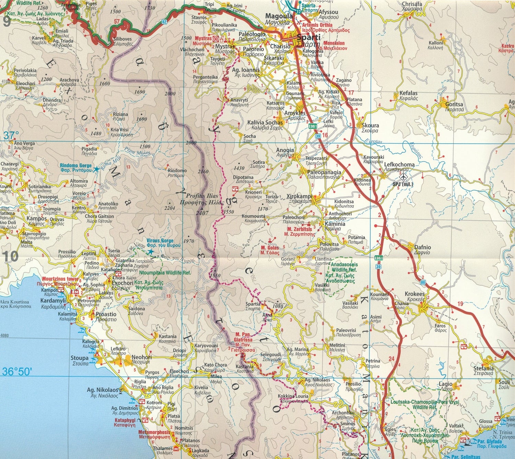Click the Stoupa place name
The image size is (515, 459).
(80, 358)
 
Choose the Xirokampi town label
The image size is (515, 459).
(299, 197)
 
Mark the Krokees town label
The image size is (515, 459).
(415, 294)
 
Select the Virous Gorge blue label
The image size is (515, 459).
(160, 241)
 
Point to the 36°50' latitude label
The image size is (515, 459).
(17, 372)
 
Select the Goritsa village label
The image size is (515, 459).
(454, 104)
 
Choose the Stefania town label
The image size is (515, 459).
(483, 369)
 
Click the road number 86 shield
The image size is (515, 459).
(422, 282)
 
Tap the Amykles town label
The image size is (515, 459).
(295, 113)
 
